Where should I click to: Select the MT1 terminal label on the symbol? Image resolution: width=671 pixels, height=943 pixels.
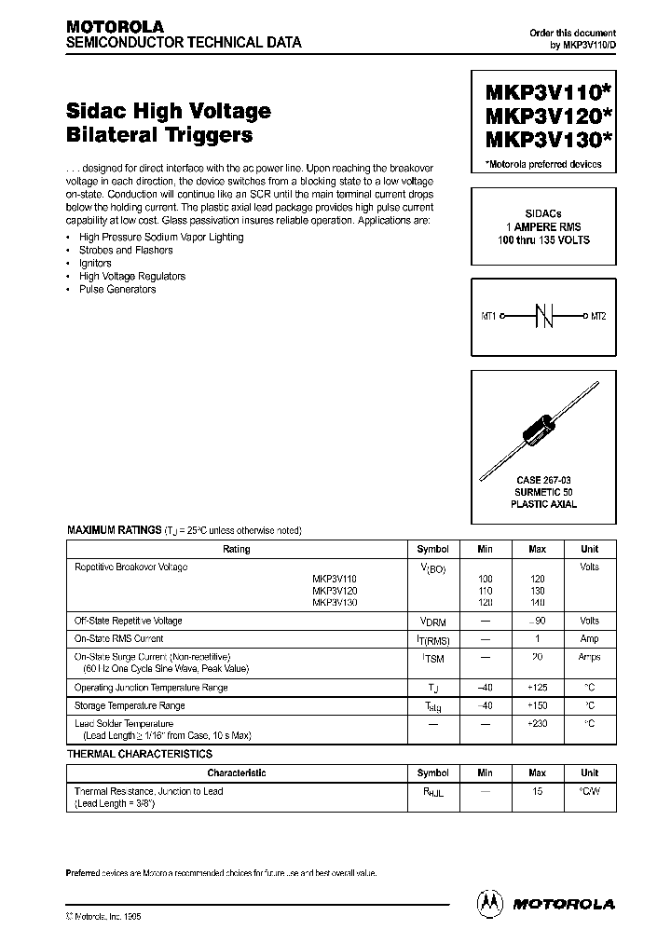coord(489,317)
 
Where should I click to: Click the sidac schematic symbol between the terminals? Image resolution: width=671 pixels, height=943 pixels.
coord(544,317)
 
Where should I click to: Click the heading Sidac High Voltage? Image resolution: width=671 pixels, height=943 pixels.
coord(169,111)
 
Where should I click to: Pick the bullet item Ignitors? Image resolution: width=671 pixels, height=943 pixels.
coord(95,264)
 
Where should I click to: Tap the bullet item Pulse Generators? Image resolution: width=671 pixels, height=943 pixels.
coord(117,290)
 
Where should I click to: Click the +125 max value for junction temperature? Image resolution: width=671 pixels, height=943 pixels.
coord(538,688)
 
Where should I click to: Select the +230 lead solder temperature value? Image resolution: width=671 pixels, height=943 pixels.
coord(538,724)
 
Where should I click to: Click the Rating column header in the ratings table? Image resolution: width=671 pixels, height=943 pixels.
coord(237,550)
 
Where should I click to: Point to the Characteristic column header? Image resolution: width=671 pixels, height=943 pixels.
coord(237,773)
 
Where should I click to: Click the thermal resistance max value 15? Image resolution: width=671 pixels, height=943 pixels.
coord(538,791)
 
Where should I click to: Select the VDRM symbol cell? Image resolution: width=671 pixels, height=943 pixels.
coord(432,622)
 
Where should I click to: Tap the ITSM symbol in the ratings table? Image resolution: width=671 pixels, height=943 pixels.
coord(432,658)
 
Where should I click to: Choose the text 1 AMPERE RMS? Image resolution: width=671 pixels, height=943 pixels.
coord(543,227)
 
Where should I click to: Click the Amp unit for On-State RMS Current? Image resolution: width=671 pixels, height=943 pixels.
coord(590,639)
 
